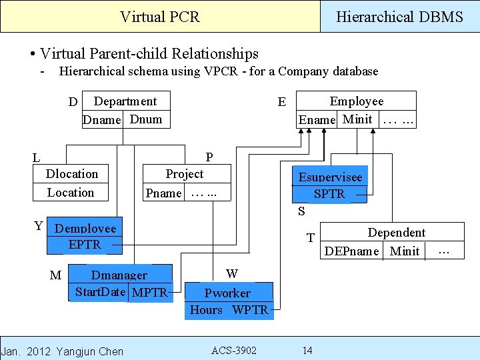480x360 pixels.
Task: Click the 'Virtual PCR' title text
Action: click(159, 17)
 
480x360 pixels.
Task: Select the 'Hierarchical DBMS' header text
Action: click(399, 17)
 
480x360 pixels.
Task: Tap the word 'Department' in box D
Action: click(125, 101)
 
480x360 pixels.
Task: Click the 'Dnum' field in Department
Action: click(146, 119)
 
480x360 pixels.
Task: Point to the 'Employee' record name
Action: click(357, 101)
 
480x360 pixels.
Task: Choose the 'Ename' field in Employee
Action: click(317, 120)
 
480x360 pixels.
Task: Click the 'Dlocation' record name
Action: click(71, 174)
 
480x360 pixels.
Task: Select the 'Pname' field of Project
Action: click(163, 193)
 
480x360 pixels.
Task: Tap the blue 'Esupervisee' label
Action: click(330, 177)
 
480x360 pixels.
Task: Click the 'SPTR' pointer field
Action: click(329, 194)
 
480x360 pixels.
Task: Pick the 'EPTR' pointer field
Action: click(85, 245)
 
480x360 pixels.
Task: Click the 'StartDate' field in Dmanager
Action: click(100, 292)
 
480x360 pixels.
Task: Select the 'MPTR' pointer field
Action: click(149, 292)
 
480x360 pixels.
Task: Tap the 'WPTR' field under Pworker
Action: click(250, 310)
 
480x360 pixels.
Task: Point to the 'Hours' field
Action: click(206, 310)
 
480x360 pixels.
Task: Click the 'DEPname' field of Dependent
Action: click(351, 251)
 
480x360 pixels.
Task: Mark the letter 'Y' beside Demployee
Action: click(39, 226)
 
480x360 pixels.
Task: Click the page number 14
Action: click(307, 351)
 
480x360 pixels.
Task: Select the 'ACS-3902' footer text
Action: click(233, 351)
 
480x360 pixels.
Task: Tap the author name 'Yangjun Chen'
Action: click(90, 351)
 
